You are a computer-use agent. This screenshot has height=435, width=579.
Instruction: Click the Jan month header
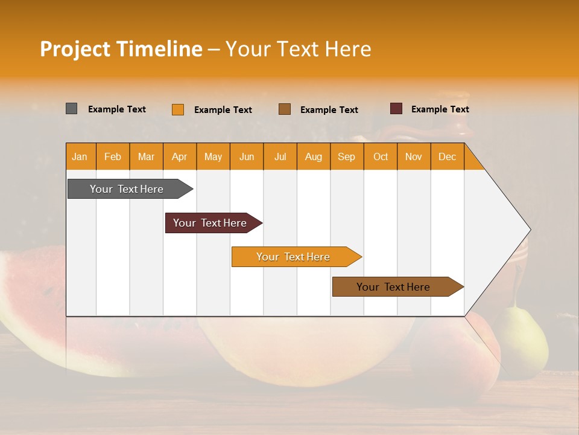pos(80,156)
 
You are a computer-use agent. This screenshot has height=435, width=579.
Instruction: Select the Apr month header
pos(180,156)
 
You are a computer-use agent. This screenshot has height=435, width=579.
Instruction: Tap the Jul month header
pos(280,156)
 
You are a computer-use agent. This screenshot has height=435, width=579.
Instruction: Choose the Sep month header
pos(346,156)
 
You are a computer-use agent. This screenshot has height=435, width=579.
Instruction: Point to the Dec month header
pos(447,156)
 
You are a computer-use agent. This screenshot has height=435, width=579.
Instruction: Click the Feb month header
pos(113,156)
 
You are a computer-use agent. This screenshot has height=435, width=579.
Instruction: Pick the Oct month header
pos(380,156)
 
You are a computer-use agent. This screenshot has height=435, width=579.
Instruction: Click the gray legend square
pos(72,109)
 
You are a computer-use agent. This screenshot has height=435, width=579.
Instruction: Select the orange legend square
pos(178,109)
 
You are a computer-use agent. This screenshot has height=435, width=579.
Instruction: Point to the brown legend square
pos(285,109)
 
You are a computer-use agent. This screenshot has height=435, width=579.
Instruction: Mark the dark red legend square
pos(396,109)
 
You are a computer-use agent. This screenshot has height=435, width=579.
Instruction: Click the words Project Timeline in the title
pos(121,49)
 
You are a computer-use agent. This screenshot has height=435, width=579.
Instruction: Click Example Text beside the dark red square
pos(440,109)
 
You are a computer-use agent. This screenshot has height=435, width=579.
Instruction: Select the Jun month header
pos(247,156)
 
